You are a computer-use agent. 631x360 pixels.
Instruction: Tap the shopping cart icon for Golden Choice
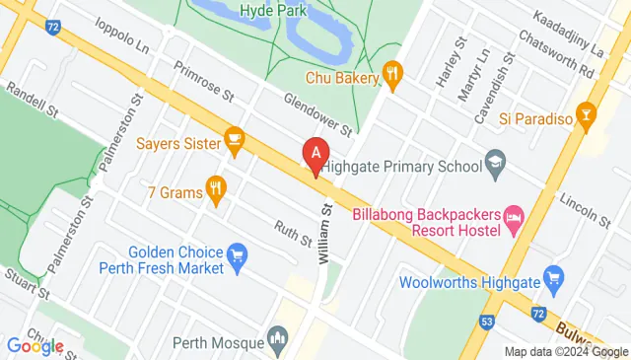(237, 258)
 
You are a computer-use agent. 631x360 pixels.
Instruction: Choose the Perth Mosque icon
(278, 342)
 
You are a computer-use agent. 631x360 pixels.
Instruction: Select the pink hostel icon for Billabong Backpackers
(513, 215)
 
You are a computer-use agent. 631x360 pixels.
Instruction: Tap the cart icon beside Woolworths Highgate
(554, 277)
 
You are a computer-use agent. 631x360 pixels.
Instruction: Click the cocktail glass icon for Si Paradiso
(589, 117)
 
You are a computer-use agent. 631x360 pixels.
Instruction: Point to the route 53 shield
(487, 321)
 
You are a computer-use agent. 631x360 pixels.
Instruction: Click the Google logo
(35, 346)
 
